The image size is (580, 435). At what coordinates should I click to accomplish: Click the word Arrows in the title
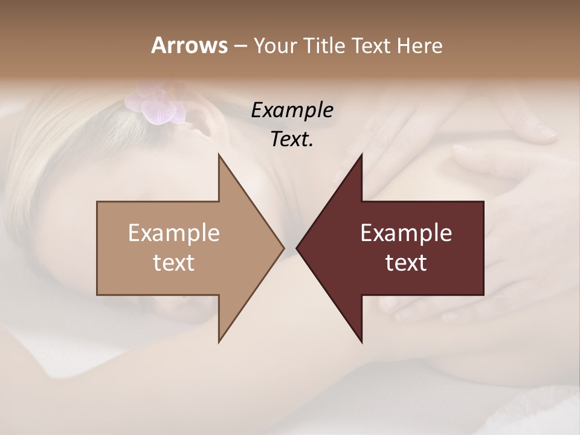click(188, 45)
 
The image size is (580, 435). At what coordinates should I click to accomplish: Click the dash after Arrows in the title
click(240, 47)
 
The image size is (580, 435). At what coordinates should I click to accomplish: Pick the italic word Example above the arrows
click(292, 110)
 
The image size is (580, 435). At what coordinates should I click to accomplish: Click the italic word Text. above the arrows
click(292, 139)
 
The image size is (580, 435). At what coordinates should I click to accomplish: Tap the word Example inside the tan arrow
click(174, 233)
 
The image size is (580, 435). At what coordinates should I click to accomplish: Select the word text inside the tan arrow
click(174, 263)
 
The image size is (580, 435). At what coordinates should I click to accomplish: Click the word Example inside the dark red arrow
click(406, 233)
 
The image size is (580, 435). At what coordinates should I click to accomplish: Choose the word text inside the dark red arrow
click(406, 263)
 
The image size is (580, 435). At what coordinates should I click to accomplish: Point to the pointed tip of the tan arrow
click(284, 248)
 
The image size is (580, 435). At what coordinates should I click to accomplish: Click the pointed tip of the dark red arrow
click(297, 248)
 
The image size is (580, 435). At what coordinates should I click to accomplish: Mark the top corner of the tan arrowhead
click(219, 155)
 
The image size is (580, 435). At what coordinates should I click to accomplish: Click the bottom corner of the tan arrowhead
click(219, 342)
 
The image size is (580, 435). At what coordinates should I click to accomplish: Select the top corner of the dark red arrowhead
click(361, 155)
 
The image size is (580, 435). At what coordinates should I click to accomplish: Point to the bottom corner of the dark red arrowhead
click(361, 342)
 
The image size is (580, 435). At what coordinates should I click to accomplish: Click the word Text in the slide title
click(372, 45)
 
